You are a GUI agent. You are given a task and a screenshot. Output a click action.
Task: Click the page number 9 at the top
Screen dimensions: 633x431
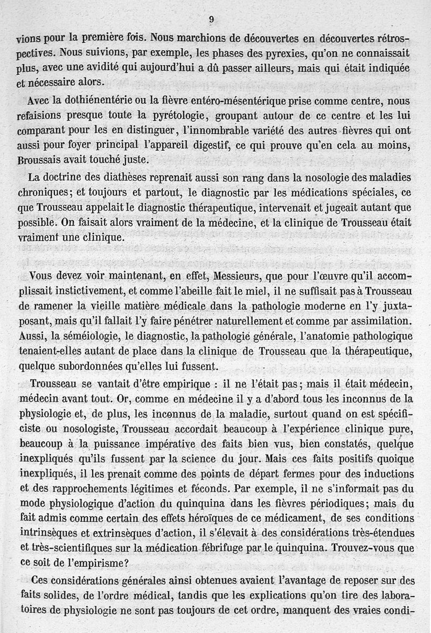coord(211,19)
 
